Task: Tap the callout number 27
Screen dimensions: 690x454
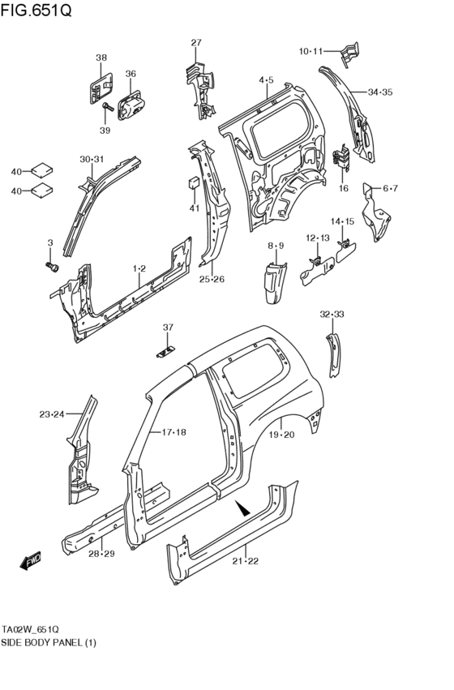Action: point(196,43)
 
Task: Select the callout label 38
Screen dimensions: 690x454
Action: point(101,58)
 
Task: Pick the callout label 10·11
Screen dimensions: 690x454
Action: point(311,52)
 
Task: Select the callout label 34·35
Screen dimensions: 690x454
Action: point(380,92)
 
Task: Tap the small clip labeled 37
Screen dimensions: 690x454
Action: point(167,350)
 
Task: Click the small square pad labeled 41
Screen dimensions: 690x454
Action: point(195,182)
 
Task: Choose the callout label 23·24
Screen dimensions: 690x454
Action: point(51,414)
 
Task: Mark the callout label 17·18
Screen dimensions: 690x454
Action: point(173,432)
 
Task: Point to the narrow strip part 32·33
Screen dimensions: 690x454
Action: point(334,350)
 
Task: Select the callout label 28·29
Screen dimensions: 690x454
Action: point(101,555)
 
